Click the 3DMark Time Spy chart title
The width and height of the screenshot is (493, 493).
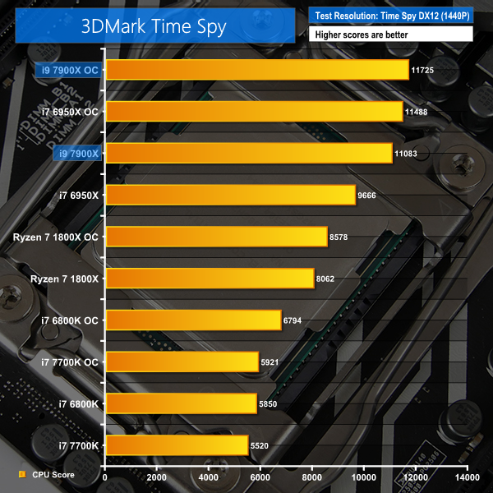pos(154,25)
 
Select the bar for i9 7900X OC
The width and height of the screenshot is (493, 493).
pos(257,70)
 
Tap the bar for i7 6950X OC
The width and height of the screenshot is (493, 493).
pos(254,112)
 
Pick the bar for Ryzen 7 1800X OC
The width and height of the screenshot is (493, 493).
pos(216,237)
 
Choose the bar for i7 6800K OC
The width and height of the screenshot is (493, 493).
pos(193,320)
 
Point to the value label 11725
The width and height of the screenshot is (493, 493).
pos(423,70)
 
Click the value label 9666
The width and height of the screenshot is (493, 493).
pos(370,196)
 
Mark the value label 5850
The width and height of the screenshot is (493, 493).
pos(271,404)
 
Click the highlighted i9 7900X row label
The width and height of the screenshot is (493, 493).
pos(78,154)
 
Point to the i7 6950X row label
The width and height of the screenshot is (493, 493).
pos(78,196)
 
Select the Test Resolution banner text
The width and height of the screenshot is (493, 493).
pos(390,15)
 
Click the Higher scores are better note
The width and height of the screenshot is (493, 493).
pos(362,35)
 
